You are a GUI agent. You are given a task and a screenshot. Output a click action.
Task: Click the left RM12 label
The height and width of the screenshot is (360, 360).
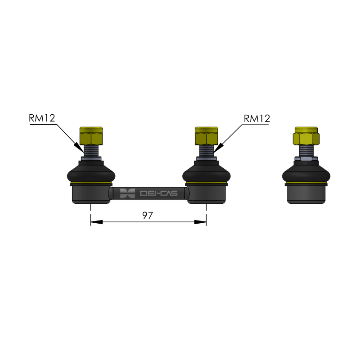click(x=42, y=118)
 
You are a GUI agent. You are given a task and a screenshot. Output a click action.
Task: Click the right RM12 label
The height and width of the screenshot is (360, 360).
click(x=256, y=118)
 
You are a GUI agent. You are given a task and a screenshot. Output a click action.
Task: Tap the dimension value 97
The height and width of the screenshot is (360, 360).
click(x=148, y=216)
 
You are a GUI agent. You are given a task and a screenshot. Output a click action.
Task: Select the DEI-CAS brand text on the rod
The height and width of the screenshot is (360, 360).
click(x=159, y=193)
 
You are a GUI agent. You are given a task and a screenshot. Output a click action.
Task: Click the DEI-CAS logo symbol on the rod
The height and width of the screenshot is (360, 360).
click(x=127, y=193)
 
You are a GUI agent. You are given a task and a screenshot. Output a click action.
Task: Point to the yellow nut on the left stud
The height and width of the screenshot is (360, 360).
click(x=91, y=136)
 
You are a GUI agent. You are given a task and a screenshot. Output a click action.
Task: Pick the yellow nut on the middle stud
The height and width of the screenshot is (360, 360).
click(x=207, y=136)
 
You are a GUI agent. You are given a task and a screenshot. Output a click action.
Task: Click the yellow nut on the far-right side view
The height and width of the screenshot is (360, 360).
click(x=306, y=136)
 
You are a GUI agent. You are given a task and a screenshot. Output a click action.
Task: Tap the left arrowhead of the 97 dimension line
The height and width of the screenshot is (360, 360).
click(x=97, y=222)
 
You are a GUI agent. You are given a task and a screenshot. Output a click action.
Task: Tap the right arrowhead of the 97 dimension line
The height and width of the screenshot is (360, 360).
click(x=200, y=222)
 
